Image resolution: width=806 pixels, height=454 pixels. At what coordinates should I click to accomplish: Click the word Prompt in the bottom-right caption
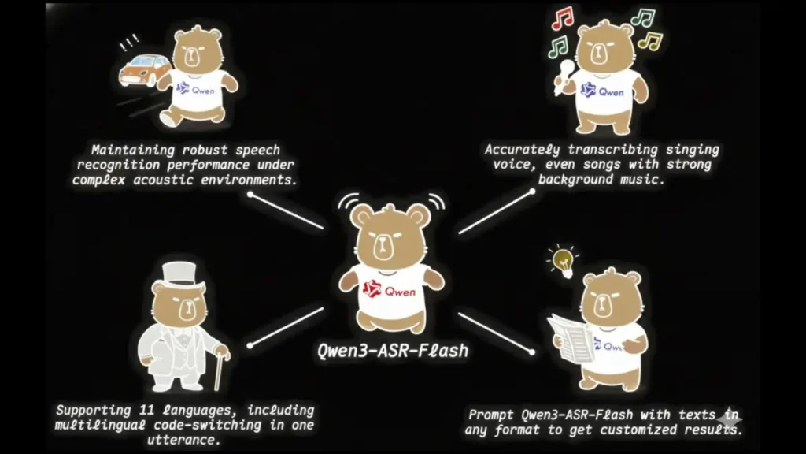pyautogui.click(x=491, y=415)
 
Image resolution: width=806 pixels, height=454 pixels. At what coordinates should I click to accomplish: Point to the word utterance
pyautogui.click(x=184, y=440)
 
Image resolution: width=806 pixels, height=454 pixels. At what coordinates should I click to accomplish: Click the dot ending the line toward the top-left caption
pyautogui.click(x=250, y=193)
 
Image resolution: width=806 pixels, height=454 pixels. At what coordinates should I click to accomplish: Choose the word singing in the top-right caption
pyautogui.click(x=690, y=149)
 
